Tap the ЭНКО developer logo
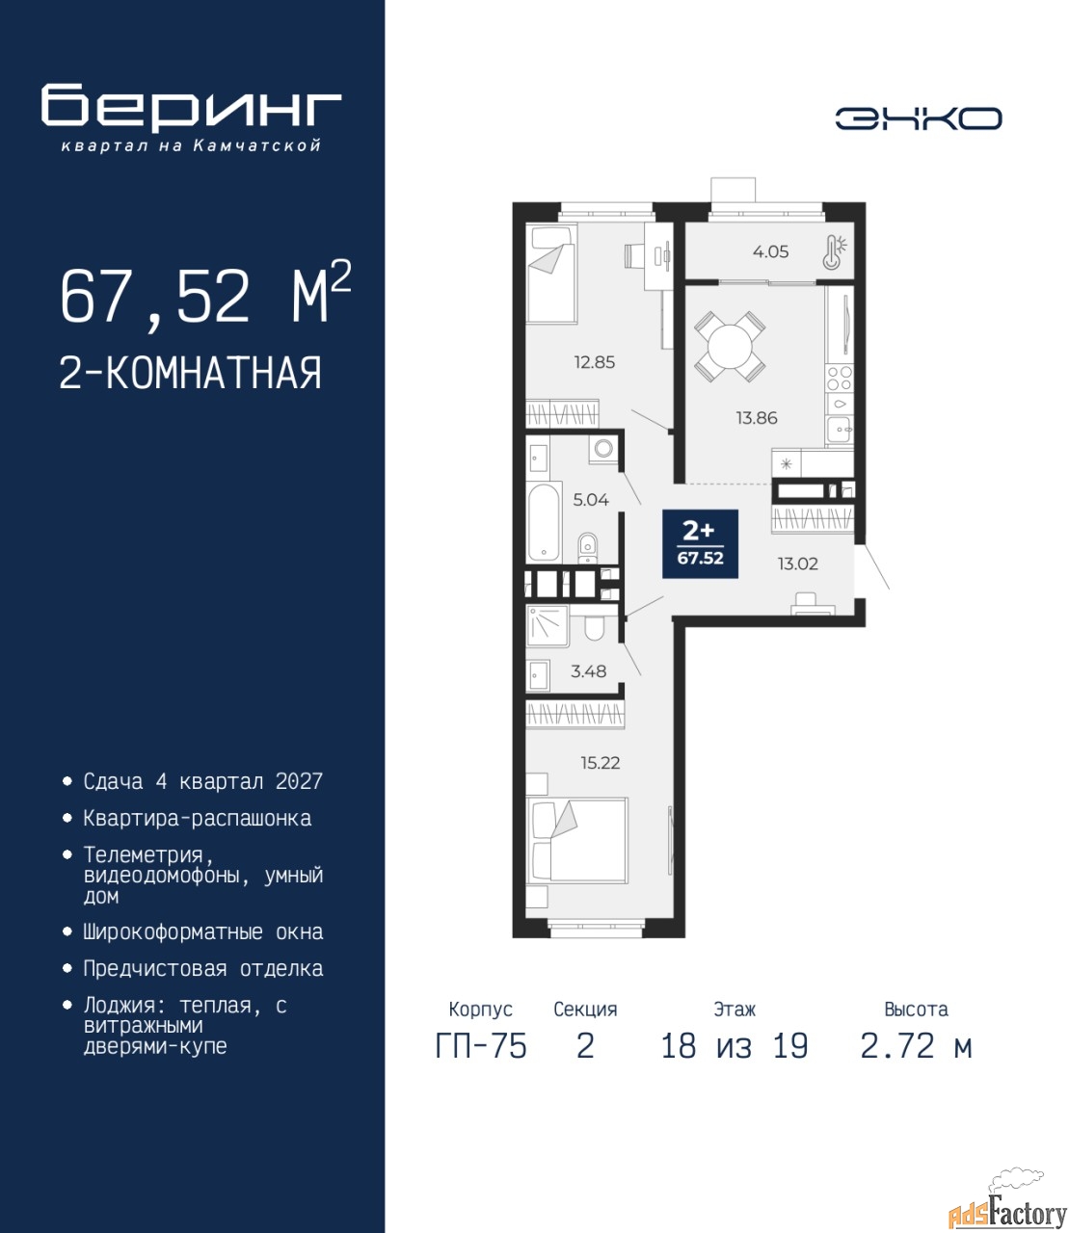tap(918, 118)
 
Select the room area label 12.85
tap(595, 362)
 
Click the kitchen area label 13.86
tap(757, 417)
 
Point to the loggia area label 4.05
tap(770, 251)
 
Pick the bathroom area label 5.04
tap(591, 500)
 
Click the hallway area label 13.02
tap(797, 564)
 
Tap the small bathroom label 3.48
tap(589, 671)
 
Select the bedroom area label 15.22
tap(600, 763)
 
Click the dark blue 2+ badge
tap(700, 544)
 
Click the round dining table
tap(730, 346)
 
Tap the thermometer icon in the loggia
tap(835, 251)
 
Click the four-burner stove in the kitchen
tap(840, 379)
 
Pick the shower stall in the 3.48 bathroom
tap(548, 626)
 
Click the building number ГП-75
tap(481, 1046)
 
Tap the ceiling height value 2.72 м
tap(916, 1046)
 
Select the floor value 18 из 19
tap(735, 1046)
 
